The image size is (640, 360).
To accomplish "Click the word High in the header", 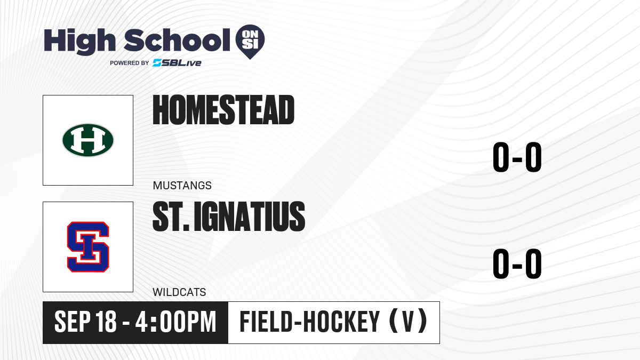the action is tap(79, 42).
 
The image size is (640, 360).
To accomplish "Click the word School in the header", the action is tap(177, 40).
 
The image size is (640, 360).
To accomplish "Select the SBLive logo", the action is tap(177, 63).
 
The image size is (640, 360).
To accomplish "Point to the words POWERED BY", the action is tap(130, 63).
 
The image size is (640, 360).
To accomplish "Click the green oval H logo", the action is tap(88, 140).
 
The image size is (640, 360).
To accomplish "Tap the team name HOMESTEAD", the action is tap(223, 110).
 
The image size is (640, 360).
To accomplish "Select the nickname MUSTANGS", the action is tap(182, 186).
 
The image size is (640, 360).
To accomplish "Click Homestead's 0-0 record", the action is tap(517, 157).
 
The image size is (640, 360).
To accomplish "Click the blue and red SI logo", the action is tap(88, 247).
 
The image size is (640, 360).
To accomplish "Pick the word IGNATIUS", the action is tap(250, 216).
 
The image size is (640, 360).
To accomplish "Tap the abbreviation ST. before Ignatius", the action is tap(171, 216).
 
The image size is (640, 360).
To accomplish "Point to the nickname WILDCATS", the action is tap(179, 292).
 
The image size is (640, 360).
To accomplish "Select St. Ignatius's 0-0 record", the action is tap(517, 263).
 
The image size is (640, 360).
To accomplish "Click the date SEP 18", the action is tap(85, 322).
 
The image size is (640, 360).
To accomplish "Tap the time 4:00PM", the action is tap(175, 322).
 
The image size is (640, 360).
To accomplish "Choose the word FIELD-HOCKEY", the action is tap(310, 322).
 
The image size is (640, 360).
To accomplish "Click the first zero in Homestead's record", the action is tap(501, 157).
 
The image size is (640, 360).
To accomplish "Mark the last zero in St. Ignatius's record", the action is tap(533, 263).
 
